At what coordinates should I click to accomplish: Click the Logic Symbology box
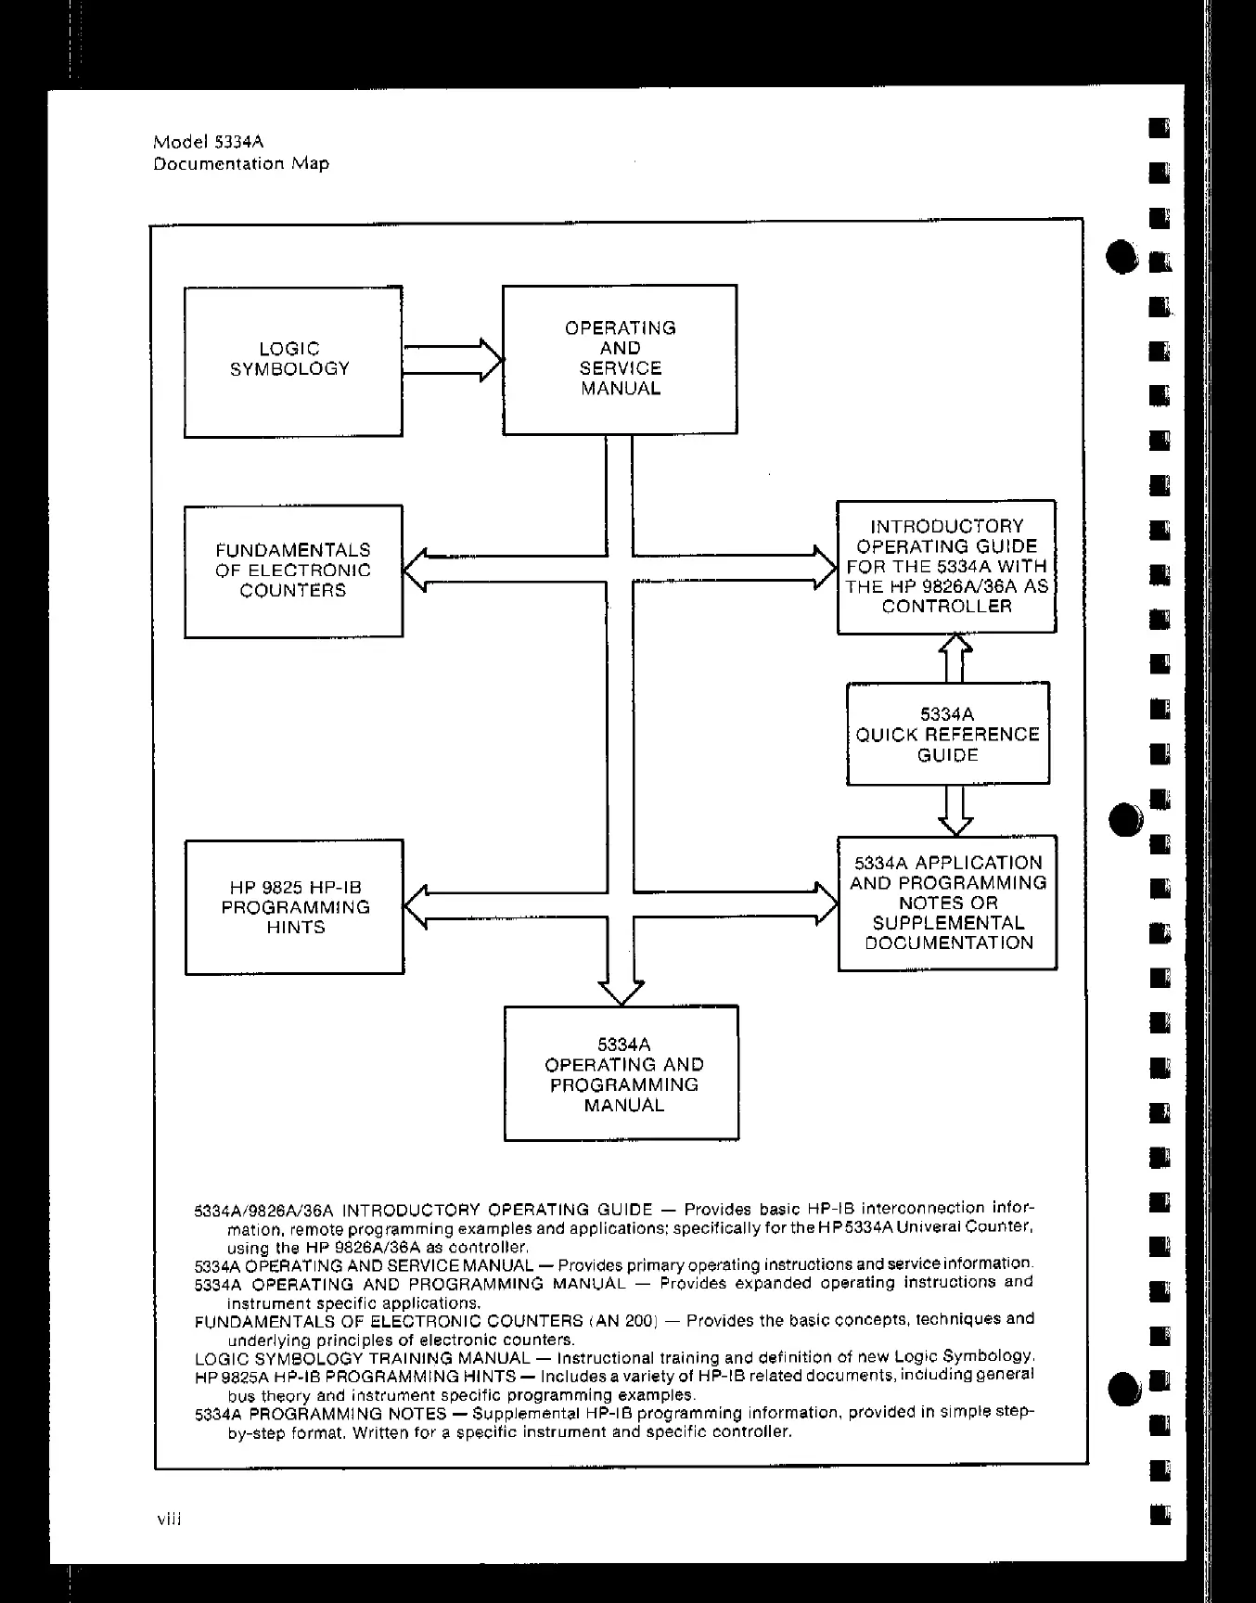[x=293, y=361]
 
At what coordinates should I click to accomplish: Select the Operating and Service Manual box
[x=620, y=359]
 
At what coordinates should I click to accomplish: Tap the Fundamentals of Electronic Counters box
[x=293, y=571]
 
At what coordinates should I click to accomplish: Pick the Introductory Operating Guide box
[x=946, y=566]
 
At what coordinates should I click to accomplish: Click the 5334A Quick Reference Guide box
[x=947, y=734]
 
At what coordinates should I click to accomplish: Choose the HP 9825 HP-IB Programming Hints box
[x=294, y=906]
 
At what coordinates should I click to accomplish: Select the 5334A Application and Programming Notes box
[x=947, y=903]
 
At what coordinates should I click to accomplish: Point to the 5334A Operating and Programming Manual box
[x=622, y=1073]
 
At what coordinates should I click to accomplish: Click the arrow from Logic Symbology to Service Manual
[x=452, y=360]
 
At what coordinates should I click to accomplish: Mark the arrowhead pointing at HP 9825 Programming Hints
[x=416, y=906]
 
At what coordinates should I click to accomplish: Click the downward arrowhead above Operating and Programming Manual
[x=621, y=992]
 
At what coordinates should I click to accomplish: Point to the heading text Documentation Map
[x=241, y=164]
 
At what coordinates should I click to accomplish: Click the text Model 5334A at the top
[x=209, y=142]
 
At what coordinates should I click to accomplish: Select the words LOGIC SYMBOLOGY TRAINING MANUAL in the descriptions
[x=362, y=1358]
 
